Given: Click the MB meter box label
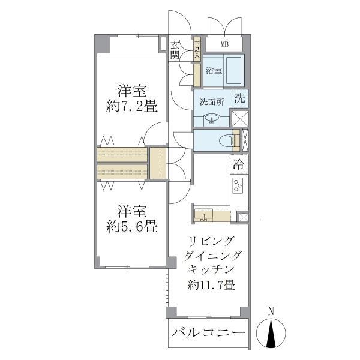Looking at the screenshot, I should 224,44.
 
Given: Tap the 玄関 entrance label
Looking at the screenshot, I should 175,50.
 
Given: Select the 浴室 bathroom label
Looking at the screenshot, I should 214,70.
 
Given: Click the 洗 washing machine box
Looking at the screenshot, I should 239,98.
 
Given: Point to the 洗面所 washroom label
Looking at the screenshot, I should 212,101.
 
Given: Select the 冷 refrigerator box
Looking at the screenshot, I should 238,163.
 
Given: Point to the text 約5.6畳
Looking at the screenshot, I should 131,227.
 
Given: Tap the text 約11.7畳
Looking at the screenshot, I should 211,285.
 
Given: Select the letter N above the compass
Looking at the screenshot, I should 271,311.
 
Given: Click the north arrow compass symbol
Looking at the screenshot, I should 271,333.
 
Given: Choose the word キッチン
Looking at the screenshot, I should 210,270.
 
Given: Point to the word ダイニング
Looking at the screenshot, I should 210,256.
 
